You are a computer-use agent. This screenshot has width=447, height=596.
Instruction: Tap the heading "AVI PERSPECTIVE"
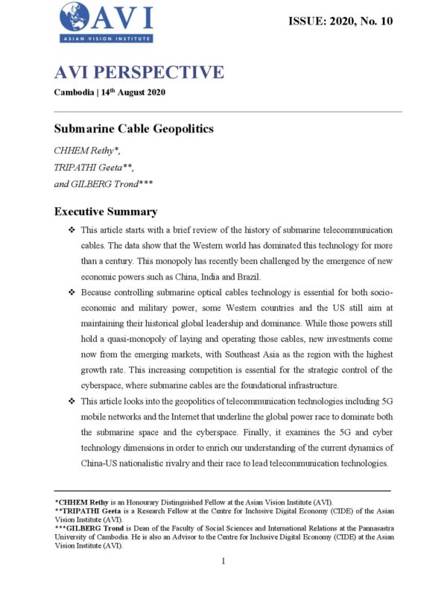click(139, 72)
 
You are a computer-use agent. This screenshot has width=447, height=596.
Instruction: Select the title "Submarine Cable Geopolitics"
click(134, 129)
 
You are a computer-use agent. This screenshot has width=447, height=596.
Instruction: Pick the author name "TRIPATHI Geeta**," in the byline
click(94, 168)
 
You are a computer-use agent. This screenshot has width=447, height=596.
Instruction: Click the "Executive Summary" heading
click(105, 212)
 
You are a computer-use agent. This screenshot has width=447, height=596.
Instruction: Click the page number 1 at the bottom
click(223, 561)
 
